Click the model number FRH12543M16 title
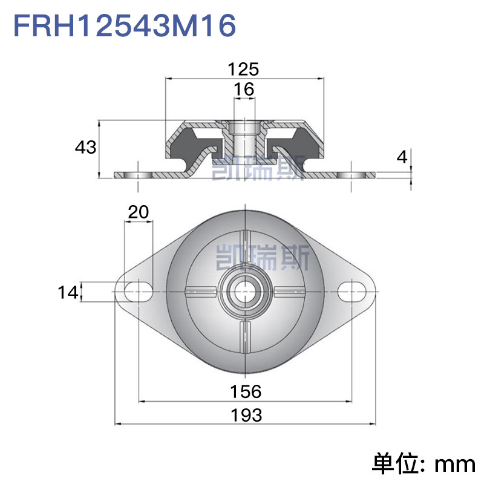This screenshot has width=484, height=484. pos(125,26)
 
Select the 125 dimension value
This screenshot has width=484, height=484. pos(243,69)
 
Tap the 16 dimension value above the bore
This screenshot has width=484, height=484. pos(244,89)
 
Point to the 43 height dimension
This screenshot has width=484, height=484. pos(85,147)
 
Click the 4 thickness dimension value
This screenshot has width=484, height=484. pos(402,157)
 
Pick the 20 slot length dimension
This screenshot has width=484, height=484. pos(139,212)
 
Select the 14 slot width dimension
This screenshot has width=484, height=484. pos(68,292)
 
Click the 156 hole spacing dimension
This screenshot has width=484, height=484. pos(246,391)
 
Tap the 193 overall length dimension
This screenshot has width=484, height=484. pos(246,415)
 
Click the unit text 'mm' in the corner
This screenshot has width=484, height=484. pos(455,465)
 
